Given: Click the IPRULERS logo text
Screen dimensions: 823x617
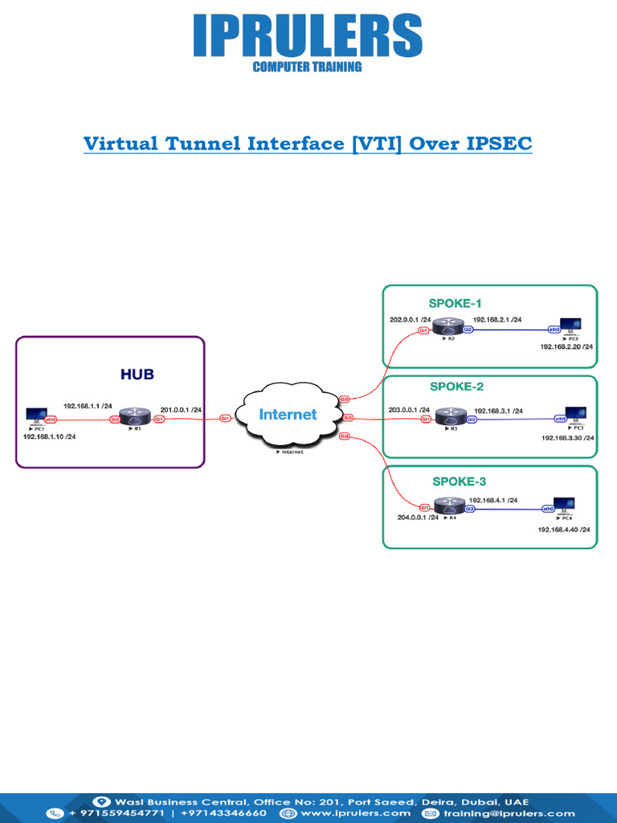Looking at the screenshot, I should tap(308, 37).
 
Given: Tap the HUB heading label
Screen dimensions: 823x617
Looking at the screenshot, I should tap(137, 374).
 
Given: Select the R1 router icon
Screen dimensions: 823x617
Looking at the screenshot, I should tap(135, 417).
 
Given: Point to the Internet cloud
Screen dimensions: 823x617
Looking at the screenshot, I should tap(287, 416).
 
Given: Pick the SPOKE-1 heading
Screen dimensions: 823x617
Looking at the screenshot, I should tap(456, 303).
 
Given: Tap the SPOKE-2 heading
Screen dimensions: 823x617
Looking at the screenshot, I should tap(456, 387).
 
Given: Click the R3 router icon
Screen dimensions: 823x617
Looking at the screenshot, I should tap(451, 418).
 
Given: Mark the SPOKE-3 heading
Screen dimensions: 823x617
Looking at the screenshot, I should tap(459, 481).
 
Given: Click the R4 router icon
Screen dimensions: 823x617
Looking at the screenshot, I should tap(446, 506).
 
